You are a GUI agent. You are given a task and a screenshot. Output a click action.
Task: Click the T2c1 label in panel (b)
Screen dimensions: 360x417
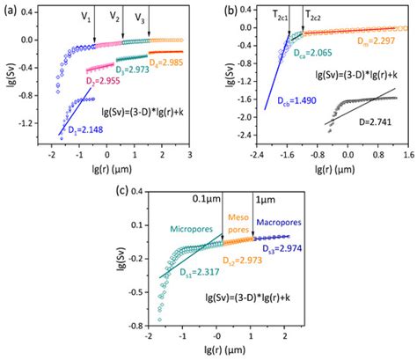click(283, 15)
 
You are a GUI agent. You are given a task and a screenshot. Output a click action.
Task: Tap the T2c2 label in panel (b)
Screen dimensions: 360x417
click(314, 15)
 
